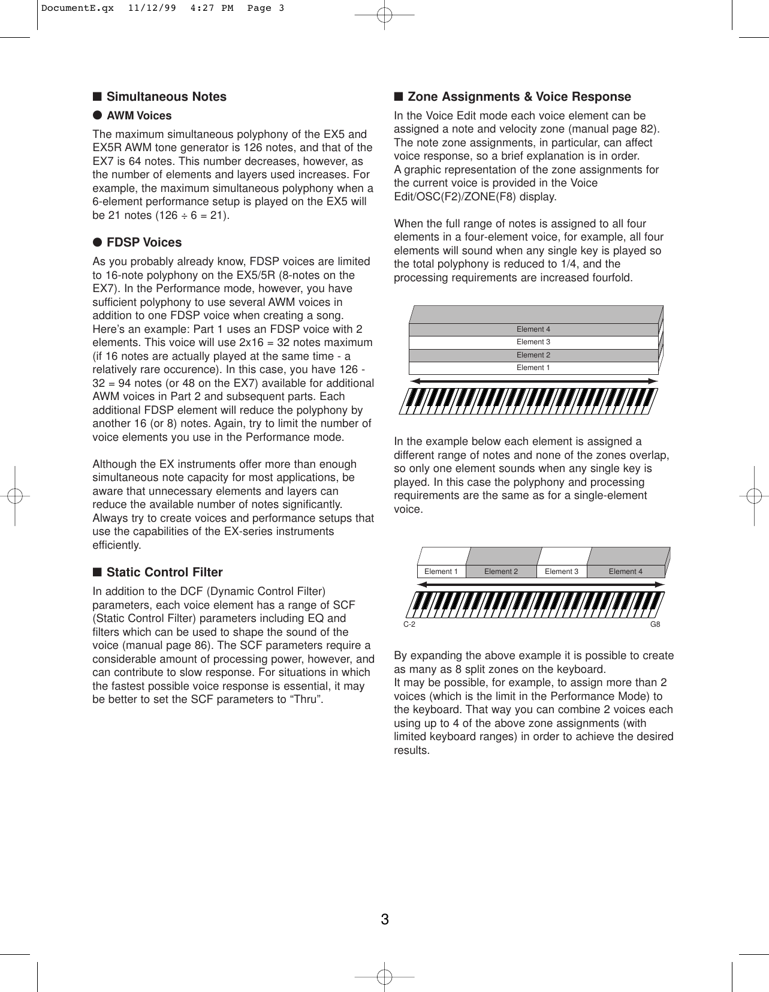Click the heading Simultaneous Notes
pyautogui.click(x=166, y=97)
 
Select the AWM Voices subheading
pyautogui.click(x=138, y=116)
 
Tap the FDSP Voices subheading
pyautogui.click(x=144, y=242)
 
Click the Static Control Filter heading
pyautogui.click(x=164, y=572)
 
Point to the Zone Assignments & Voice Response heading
pyautogui.click(x=519, y=97)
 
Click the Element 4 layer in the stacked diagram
pyautogui.click(x=533, y=329)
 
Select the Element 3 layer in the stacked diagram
pyautogui.click(x=533, y=342)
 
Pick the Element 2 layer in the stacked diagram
pyautogui.click(x=533, y=355)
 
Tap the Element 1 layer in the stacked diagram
pyautogui.click(x=533, y=368)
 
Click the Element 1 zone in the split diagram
pyautogui.click(x=441, y=572)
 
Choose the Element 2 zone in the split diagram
pyautogui.click(x=501, y=572)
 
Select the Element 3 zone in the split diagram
pyautogui.click(x=562, y=572)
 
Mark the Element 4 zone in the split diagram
pyautogui.click(x=625, y=572)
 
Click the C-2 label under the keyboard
pyautogui.click(x=409, y=624)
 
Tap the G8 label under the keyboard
pyautogui.click(x=655, y=624)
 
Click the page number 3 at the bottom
pyautogui.click(x=385, y=919)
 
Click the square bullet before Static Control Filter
pyautogui.click(x=96, y=572)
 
